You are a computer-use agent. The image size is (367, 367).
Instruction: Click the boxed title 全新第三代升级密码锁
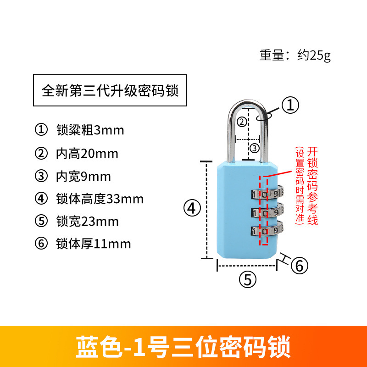(111, 90)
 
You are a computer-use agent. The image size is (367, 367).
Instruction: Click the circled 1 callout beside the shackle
(290, 105)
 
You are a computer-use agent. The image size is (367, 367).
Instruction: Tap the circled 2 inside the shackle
(242, 122)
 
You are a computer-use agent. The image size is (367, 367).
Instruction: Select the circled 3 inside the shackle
(255, 148)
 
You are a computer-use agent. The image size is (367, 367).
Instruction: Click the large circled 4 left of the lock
(192, 209)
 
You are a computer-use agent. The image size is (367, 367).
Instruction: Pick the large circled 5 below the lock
(248, 279)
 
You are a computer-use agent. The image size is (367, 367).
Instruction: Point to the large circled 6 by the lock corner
(299, 265)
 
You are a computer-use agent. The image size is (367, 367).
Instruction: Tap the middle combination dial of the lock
(266, 212)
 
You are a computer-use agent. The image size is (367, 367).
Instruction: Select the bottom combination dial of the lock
(266, 231)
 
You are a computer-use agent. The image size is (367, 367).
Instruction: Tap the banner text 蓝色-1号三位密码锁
(183, 346)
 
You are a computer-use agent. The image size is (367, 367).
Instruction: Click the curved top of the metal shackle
(246, 101)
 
